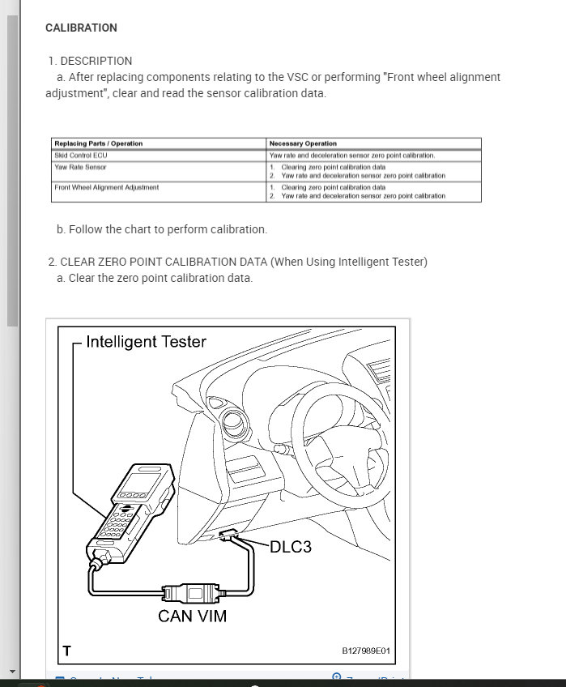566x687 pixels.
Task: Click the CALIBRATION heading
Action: point(81,28)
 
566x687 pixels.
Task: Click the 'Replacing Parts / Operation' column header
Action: point(98,143)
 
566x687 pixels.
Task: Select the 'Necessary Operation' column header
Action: point(303,143)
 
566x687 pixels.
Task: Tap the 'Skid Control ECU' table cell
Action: point(80,155)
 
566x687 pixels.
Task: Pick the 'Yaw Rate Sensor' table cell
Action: point(80,167)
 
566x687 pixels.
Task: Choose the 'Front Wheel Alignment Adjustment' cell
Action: point(106,187)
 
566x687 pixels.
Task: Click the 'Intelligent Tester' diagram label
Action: point(146,342)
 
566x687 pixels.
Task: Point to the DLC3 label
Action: point(290,547)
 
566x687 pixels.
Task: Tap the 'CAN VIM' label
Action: point(192,616)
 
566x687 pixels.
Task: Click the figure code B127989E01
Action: point(365,651)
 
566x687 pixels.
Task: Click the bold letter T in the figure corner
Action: point(67,650)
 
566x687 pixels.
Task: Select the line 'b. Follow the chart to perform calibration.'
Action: point(162,229)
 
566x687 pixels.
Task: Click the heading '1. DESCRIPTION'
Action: point(90,61)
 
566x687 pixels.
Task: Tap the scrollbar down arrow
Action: point(12,672)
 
